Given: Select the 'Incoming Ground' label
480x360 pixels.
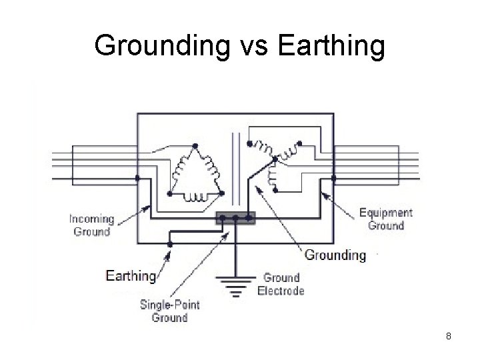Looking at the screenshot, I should pyautogui.click(x=92, y=225).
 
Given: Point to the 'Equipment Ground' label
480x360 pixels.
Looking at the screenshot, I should pyautogui.click(x=386, y=219).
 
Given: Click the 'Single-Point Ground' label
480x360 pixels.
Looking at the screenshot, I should pyautogui.click(x=169, y=311).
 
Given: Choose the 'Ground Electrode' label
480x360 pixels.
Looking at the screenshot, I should pyautogui.click(x=283, y=284).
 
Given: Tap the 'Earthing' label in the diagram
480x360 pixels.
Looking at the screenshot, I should pyautogui.click(x=131, y=275).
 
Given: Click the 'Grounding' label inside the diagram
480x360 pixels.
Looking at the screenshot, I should pyautogui.click(x=335, y=255).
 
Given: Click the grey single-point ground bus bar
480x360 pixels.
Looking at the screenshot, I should pyautogui.click(x=235, y=218).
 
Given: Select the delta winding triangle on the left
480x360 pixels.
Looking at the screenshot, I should pyautogui.click(x=195, y=175).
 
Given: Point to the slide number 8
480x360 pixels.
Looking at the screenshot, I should pyautogui.click(x=449, y=336).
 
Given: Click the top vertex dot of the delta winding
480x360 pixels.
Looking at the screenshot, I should pyautogui.click(x=195, y=146).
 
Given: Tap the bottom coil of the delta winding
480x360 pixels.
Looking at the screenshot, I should pyautogui.click(x=195, y=196).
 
